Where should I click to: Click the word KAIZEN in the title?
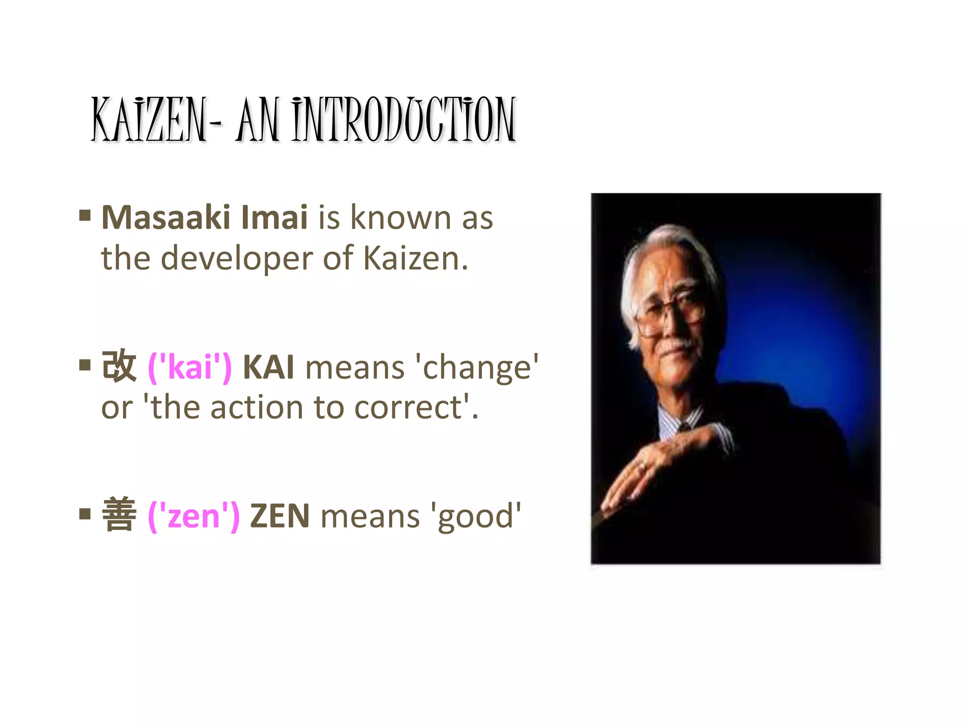tap(149, 119)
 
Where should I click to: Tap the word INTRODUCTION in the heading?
tap(404, 119)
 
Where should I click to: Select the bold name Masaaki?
tap(166, 218)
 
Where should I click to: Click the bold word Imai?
tap(274, 218)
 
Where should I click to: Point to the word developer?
tap(236, 259)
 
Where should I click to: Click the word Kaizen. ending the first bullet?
tap(415, 259)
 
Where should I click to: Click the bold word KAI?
tap(268, 367)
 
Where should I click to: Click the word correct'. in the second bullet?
tap(416, 407)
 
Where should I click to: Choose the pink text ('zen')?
tap(194, 516)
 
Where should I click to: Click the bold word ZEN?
tap(280, 516)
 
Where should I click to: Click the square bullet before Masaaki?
tap(85, 216)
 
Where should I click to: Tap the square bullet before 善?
tap(85, 514)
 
